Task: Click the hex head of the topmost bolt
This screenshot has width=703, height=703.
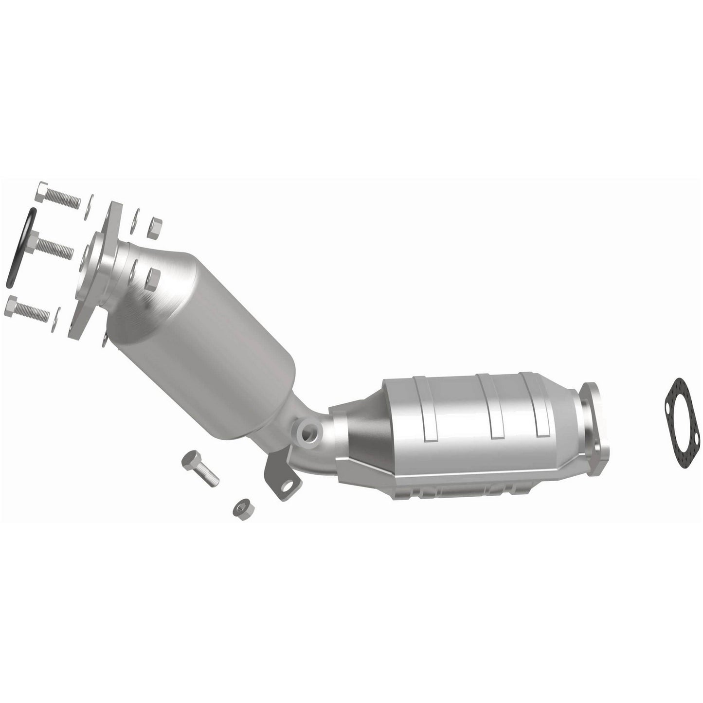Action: click(x=42, y=191)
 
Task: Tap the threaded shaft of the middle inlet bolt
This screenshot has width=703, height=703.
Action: click(x=58, y=249)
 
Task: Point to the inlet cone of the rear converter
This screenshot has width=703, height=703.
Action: click(x=358, y=438)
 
